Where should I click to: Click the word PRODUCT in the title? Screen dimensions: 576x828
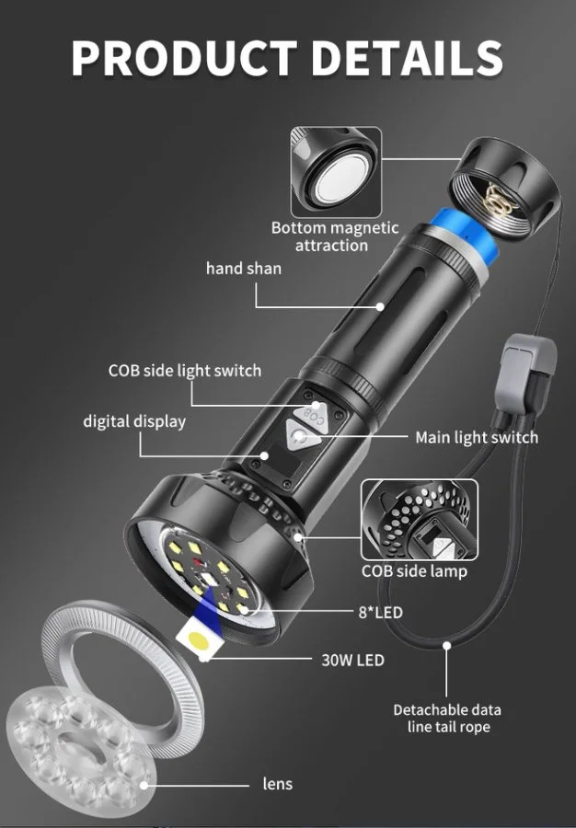tap(184, 57)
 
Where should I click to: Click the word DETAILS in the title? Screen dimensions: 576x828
tap(408, 57)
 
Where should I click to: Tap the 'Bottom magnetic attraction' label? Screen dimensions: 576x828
tap(335, 236)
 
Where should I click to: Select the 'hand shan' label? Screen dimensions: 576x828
tap(244, 269)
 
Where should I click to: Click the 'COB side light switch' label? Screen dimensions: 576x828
tap(185, 371)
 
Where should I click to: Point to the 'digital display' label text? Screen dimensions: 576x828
tap(134, 421)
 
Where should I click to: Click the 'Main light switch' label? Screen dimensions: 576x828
tap(477, 437)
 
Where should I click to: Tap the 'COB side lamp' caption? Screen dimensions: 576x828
tap(414, 570)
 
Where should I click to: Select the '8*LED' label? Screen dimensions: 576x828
tap(381, 613)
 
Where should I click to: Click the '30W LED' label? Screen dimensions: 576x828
tap(352, 660)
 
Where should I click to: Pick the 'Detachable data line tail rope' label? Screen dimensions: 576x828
tap(447, 719)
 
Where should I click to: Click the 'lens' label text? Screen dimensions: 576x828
tap(277, 784)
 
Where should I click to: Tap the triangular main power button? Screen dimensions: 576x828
tap(300, 436)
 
